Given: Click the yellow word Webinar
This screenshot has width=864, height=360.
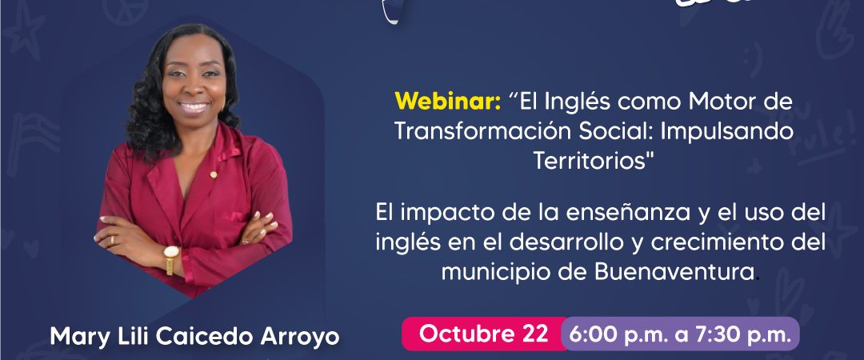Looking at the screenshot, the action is point(447,102).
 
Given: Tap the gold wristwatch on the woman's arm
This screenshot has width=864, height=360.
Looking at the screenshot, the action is point(171,259).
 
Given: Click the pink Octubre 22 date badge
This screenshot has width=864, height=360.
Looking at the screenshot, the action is point(483,334).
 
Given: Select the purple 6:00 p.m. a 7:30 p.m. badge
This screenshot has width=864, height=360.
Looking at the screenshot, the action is point(680,334).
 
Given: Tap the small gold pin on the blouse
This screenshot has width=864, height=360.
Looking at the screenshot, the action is point(214,174).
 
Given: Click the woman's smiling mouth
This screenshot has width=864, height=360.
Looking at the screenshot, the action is point(194,106).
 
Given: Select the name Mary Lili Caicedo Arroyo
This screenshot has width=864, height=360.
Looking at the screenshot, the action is point(194,337).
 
